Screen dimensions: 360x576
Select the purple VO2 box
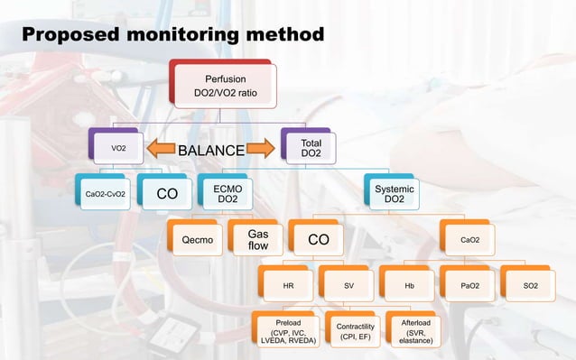point(118,148)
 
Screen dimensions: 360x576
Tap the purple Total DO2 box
point(311,148)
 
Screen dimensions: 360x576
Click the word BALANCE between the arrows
point(210,150)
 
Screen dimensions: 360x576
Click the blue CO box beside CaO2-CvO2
point(167,193)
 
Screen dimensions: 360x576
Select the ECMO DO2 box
point(228,193)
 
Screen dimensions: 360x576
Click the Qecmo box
point(198,240)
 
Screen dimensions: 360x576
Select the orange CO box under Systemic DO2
point(318,240)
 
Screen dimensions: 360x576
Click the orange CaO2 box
point(469,240)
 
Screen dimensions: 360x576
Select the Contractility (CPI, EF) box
point(355,330)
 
